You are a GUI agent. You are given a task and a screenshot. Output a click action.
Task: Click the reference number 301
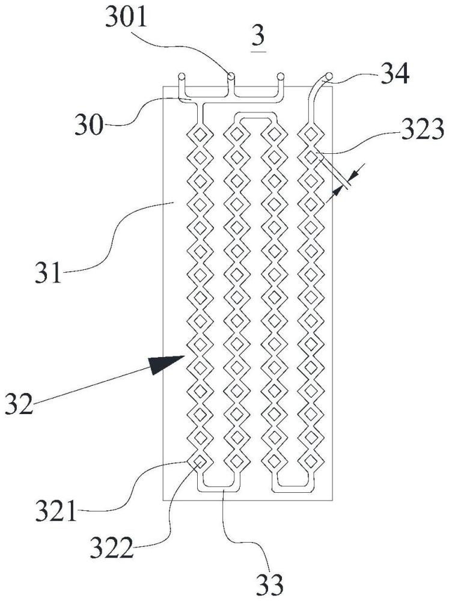click(126, 19)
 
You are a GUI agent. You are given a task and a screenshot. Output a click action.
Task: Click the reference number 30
click(89, 124)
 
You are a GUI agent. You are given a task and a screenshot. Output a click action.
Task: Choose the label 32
click(19, 404)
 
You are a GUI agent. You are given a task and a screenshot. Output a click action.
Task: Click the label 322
click(111, 549)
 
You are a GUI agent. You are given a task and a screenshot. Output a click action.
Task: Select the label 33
click(269, 585)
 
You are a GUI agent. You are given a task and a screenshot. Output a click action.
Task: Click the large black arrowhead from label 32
click(166, 364)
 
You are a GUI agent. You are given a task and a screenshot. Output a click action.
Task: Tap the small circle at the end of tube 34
click(329, 76)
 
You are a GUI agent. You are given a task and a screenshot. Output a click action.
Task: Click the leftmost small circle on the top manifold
click(182, 76)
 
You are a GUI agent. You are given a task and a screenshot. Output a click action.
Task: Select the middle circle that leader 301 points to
click(231, 76)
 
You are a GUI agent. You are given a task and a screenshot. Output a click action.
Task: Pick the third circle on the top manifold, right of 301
click(280, 76)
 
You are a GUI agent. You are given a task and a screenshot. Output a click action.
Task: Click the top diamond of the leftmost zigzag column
click(200, 134)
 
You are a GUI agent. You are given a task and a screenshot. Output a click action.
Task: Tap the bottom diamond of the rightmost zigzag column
click(311, 461)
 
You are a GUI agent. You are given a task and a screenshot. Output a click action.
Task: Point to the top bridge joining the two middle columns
click(255, 116)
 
